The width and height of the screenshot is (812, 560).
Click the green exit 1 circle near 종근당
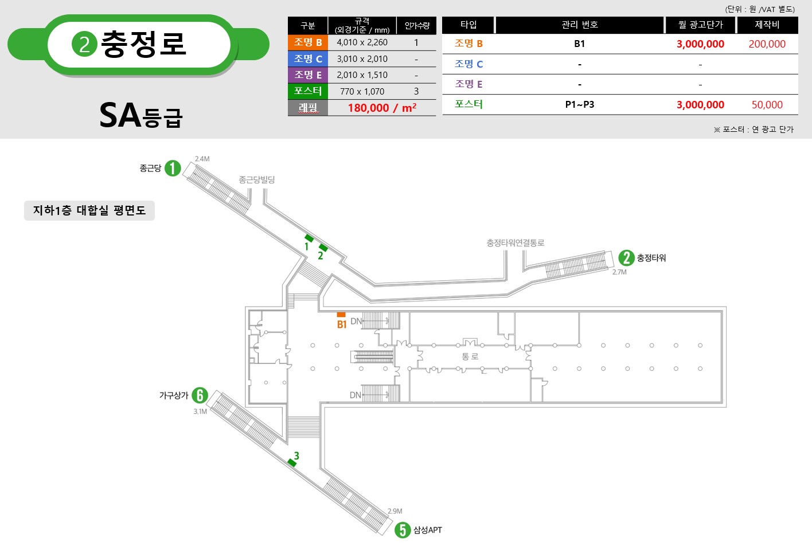[173, 169]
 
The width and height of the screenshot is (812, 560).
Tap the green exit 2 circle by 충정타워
[626, 258]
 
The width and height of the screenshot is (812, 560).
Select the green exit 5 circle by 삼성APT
[403, 530]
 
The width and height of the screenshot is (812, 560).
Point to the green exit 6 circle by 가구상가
[200, 395]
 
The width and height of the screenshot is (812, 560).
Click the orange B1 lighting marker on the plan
[341, 315]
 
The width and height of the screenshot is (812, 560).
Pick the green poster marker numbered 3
[292, 463]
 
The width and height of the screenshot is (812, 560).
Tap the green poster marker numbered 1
[309, 238]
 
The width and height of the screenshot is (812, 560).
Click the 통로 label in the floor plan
[470, 357]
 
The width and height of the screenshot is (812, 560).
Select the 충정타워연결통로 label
[515, 242]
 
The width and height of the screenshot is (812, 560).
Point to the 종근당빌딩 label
[257, 179]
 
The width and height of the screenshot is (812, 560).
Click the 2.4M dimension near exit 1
[202, 159]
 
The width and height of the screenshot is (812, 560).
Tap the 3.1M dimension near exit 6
[200, 412]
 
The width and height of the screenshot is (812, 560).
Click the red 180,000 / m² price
[382, 108]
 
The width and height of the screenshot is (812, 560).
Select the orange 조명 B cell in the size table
[308, 42]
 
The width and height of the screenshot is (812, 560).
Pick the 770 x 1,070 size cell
[362, 91]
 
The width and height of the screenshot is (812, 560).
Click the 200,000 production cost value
[767, 44]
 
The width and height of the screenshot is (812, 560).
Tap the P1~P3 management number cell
[580, 105]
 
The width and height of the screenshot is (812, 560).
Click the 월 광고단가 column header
[701, 25]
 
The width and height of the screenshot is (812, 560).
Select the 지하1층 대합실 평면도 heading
[89, 210]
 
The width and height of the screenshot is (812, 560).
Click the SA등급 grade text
[140, 115]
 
